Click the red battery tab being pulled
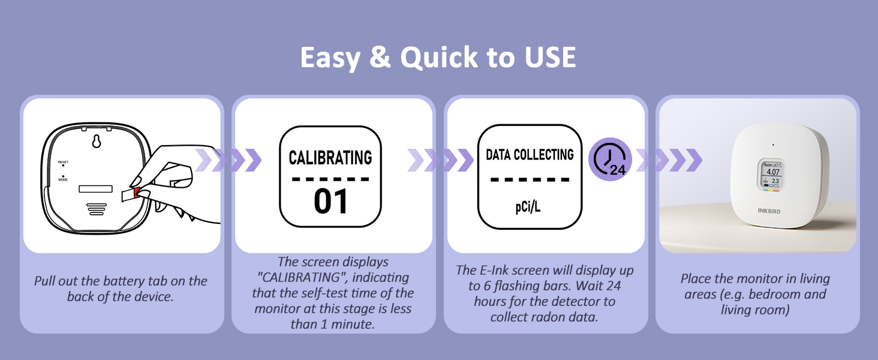(x=136, y=193)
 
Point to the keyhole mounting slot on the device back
(x=97, y=141)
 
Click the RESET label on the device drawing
(x=63, y=162)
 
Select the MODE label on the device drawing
(x=63, y=179)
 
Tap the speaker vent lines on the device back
(x=97, y=209)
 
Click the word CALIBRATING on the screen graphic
(x=330, y=158)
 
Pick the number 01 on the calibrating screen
(x=330, y=202)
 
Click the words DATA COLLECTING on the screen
(x=530, y=155)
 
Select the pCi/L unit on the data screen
(x=528, y=207)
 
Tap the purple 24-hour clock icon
(x=610, y=159)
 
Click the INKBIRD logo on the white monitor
(x=769, y=211)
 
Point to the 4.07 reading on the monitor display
(x=773, y=172)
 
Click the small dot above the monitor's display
(x=773, y=145)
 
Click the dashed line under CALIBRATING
(x=330, y=179)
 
